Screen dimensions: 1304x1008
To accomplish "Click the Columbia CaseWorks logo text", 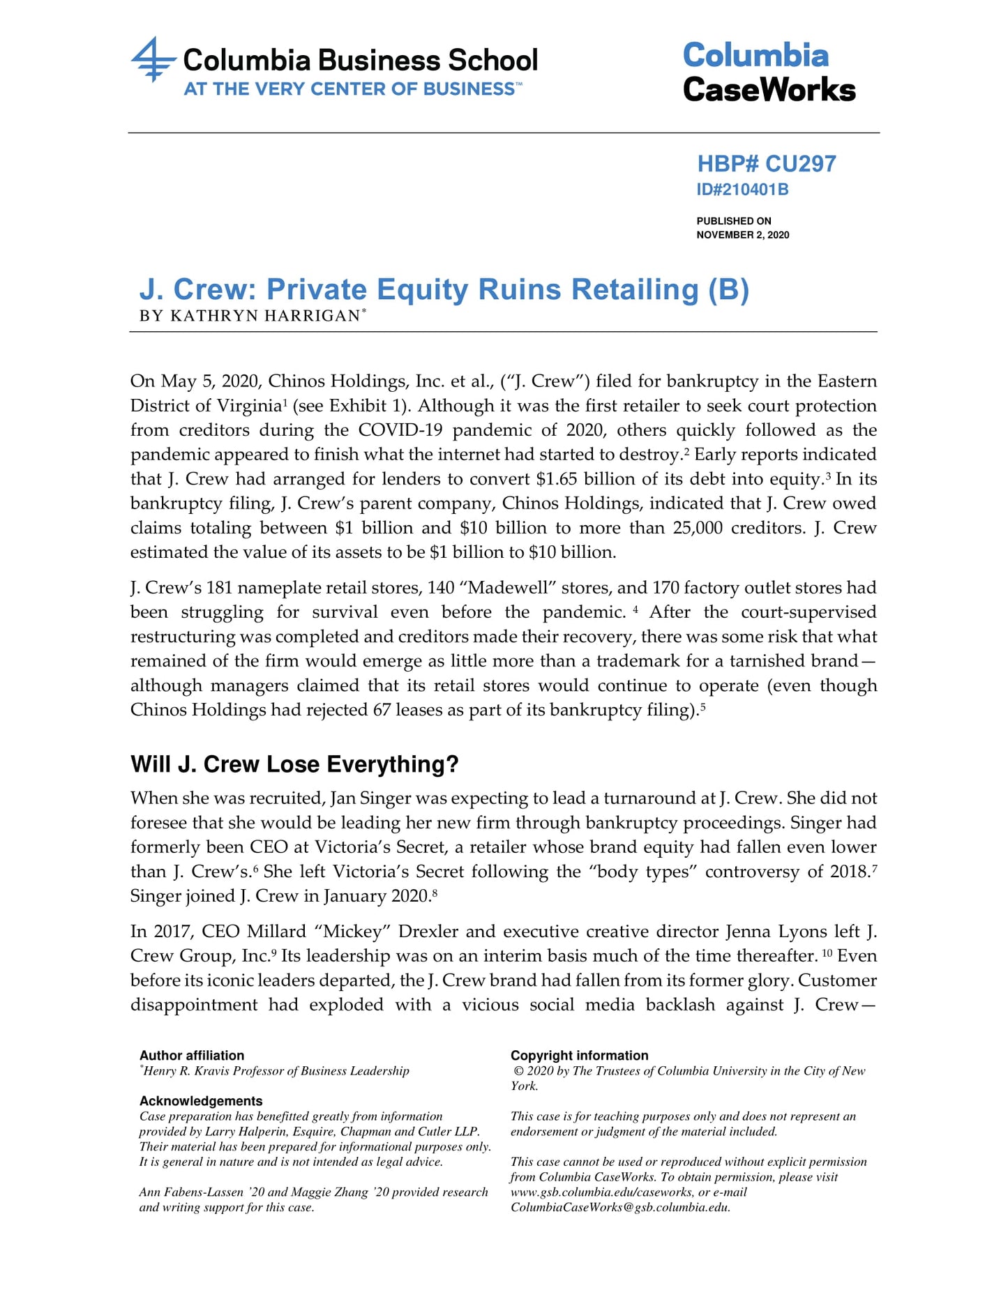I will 769,73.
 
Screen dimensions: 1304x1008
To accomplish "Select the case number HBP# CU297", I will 766,164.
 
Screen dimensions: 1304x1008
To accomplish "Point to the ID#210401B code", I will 742,190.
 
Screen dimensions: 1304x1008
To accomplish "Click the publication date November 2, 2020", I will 742,235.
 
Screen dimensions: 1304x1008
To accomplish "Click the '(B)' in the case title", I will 728,289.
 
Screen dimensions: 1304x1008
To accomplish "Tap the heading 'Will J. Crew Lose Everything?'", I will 294,764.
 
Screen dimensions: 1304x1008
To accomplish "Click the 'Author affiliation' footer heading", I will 192,1056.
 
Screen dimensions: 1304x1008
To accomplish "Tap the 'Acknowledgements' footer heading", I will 201,1101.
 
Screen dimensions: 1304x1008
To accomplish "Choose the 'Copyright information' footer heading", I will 579,1056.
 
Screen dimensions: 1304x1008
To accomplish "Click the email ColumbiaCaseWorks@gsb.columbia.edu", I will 620,1208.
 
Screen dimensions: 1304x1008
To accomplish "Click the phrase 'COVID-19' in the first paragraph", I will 400,430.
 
